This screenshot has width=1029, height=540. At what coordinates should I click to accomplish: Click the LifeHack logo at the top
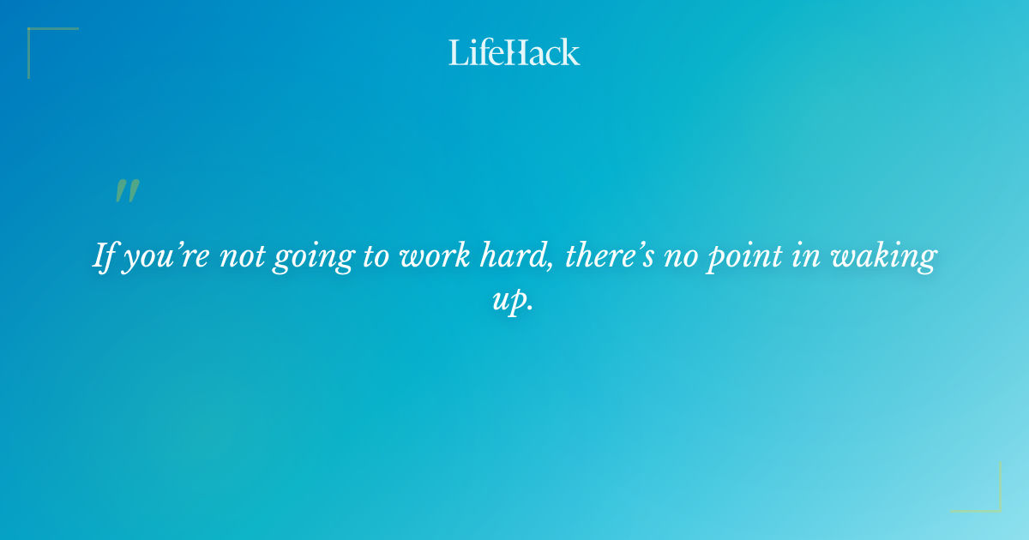[514, 52]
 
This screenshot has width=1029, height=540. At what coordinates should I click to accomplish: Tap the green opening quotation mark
[127, 191]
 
